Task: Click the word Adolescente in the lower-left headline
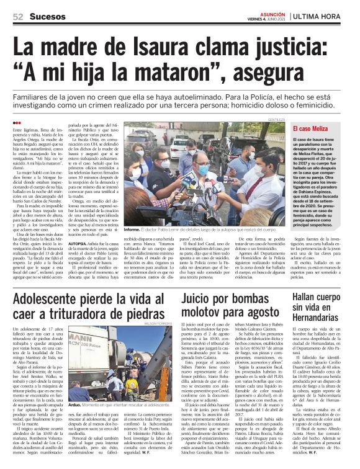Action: tap(57, 301)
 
